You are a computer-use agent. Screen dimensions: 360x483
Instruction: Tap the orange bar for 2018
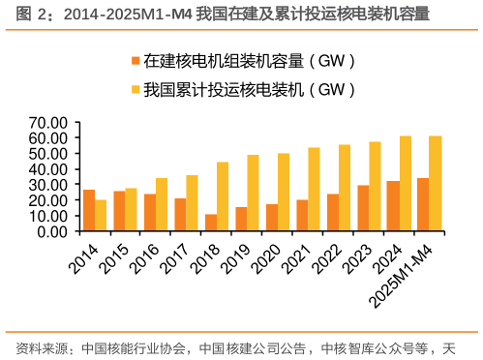pyautogui.click(x=211, y=223)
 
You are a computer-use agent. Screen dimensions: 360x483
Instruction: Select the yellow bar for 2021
pyautogui.click(x=314, y=190)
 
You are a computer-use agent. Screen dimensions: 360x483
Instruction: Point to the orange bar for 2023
pyautogui.click(x=363, y=208)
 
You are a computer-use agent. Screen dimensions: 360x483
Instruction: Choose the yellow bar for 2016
pyautogui.click(x=162, y=204)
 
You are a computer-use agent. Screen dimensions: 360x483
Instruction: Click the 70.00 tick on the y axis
pyautogui.click(x=46, y=123)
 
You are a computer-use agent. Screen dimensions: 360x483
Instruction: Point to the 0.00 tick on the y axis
pyautogui.click(x=51, y=231)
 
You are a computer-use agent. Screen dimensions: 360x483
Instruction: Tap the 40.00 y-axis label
pyautogui.click(x=46, y=169)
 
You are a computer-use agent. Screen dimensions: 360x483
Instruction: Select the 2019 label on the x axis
pyautogui.click(x=235, y=253)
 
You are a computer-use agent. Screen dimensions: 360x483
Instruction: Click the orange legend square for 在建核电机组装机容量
pyautogui.click(x=135, y=62)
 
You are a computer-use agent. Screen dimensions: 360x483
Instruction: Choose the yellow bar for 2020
pyautogui.click(x=284, y=192)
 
